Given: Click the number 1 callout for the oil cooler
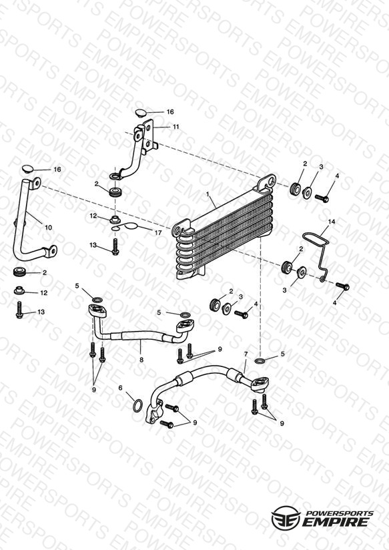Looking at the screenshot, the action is click(208, 194).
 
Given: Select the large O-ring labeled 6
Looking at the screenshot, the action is click(138, 404).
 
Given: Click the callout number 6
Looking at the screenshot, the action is click(121, 388).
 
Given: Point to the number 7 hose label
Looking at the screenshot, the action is click(246, 354).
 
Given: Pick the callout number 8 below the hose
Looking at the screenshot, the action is click(141, 360).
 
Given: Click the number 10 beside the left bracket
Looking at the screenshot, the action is click(49, 228).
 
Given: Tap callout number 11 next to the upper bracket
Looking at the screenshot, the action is click(175, 126).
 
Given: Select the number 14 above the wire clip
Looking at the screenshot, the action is click(332, 222).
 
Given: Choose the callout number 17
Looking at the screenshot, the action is click(158, 232).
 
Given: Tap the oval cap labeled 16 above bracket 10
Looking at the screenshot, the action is click(27, 169).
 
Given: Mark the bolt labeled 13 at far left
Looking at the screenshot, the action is click(19, 310).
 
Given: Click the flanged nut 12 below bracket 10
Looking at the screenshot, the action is click(19, 291).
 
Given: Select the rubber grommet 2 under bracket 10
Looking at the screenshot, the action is click(20, 272).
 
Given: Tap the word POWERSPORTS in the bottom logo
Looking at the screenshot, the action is click(339, 513).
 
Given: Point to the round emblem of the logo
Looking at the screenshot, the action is click(286, 518).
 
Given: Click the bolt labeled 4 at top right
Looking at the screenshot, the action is click(322, 198).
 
